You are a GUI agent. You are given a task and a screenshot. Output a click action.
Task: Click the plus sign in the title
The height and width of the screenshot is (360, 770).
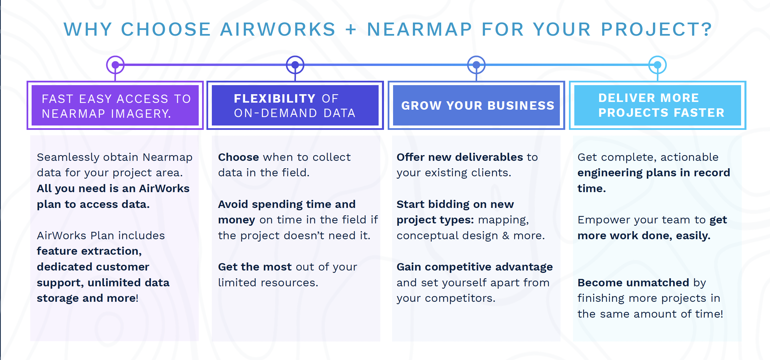click(x=351, y=29)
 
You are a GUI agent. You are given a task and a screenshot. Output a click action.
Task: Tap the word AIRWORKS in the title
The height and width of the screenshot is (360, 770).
click(x=278, y=29)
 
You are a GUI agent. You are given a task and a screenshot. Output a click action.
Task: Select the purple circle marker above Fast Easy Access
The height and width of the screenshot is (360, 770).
click(x=115, y=65)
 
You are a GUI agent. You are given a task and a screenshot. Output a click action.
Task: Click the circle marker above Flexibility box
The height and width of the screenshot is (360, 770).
click(x=295, y=65)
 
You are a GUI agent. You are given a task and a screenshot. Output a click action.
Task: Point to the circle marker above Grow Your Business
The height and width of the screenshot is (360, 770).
click(x=476, y=65)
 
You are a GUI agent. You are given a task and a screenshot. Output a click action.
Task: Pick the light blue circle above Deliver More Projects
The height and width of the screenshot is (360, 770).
click(x=658, y=65)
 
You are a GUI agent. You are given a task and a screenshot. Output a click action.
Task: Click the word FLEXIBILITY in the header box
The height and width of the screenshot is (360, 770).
click(x=274, y=99)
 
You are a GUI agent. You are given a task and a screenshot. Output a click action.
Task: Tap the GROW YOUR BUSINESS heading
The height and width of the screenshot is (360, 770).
click(x=478, y=106)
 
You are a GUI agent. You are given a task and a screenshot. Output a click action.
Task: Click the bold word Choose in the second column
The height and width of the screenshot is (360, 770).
click(x=238, y=157)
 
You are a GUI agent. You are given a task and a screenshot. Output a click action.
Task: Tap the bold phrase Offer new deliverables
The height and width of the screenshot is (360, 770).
click(x=460, y=157)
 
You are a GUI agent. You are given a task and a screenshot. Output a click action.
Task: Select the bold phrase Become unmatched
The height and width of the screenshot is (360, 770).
click(x=633, y=283)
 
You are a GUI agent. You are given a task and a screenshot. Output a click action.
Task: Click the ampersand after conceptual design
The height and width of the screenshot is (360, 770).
click(x=506, y=236)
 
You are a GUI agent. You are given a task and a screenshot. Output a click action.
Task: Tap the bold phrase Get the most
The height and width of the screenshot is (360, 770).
click(x=255, y=267)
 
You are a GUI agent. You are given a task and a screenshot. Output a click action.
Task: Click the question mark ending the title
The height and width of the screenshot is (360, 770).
click(x=707, y=29)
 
